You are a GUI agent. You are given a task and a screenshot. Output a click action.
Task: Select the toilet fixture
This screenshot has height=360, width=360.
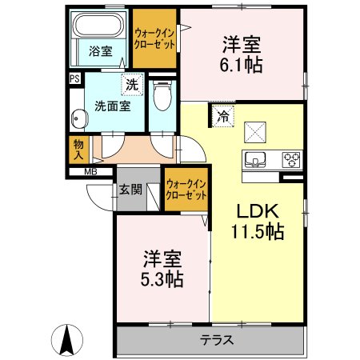(162, 97)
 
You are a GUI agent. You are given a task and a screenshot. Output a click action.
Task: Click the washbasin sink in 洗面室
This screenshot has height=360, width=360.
(79, 120)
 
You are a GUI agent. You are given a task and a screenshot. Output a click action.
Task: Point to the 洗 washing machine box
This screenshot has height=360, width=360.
(130, 82)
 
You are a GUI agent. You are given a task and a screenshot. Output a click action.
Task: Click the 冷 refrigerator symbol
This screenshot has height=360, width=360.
(224, 115)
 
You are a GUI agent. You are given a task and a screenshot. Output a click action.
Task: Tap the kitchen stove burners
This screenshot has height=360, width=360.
(290, 157)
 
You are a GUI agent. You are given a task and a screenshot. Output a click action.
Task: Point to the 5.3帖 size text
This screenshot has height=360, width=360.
(163, 280)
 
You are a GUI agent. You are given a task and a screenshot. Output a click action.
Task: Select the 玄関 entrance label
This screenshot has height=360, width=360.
(130, 190)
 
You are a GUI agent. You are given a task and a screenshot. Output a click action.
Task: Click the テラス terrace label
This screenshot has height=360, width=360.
(216, 339)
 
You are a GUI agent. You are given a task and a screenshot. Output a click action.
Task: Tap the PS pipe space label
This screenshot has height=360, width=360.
(74, 78)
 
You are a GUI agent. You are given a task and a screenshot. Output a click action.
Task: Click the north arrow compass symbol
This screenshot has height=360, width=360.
(66, 339)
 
